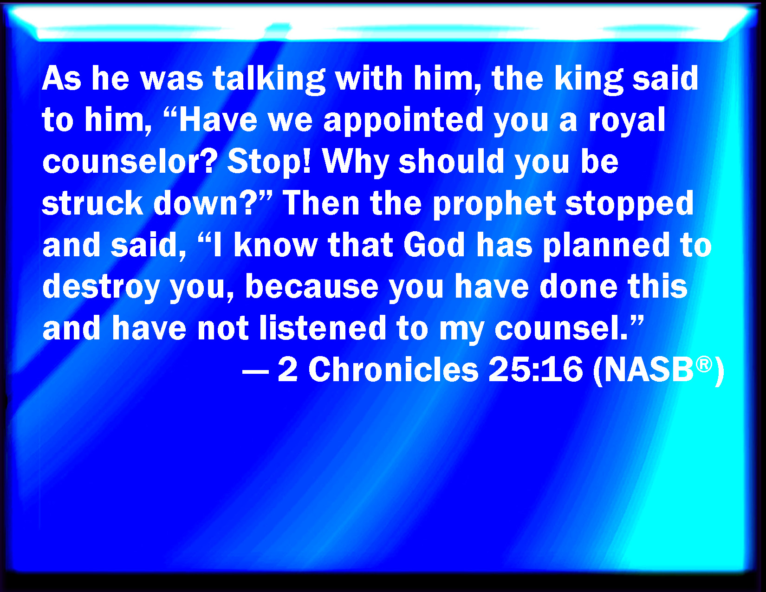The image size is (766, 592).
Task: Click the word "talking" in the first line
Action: [269, 80]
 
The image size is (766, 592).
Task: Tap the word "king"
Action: [589, 80]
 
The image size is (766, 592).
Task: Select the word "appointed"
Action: [403, 121]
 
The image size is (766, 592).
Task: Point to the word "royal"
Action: [626, 121]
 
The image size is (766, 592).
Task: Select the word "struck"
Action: [92, 203]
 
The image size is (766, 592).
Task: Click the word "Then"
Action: [321, 203]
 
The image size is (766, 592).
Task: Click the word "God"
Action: [434, 245]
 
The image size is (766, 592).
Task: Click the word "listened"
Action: [323, 327]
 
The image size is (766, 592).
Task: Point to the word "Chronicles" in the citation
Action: [393, 370]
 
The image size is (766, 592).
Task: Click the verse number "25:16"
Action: [536, 370]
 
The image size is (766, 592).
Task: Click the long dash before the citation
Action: [256, 371]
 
